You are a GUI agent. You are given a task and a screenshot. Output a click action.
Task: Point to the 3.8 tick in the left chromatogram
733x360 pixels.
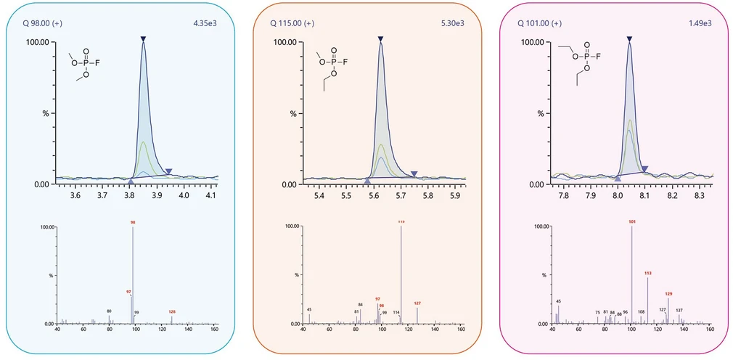[130, 195]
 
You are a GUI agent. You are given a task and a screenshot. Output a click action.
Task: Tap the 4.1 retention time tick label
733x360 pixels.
[211, 195]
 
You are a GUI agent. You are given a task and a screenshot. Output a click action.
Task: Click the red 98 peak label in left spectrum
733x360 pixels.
[133, 222]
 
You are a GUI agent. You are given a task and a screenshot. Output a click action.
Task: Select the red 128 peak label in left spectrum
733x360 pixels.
[172, 311]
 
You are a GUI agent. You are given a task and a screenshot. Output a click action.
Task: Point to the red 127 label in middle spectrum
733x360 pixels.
[417, 303]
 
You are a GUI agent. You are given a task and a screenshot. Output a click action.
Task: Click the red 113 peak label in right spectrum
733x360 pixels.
[648, 274]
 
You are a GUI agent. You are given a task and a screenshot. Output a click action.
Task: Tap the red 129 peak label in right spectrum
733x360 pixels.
[668, 293]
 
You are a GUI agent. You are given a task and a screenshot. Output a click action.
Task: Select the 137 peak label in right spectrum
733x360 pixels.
[679, 310]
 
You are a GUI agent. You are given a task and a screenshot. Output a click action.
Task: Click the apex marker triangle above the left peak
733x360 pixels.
[144, 38]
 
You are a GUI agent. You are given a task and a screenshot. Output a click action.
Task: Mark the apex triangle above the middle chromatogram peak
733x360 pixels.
[380, 38]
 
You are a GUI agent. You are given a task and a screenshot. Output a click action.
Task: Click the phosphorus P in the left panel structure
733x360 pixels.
[86, 64]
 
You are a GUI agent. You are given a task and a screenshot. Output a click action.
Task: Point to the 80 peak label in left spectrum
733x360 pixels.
[109, 311]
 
